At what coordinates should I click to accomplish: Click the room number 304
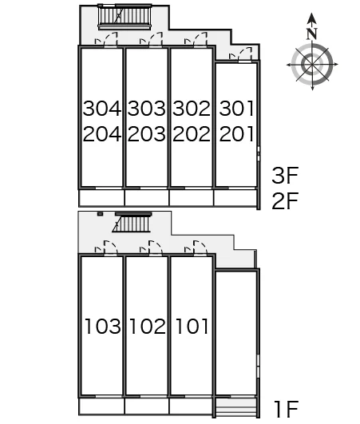click(x=102, y=109)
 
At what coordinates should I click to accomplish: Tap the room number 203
click(x=147, y=134)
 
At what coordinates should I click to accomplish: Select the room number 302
click(x=192, y=109)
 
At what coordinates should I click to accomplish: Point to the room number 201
click(x=237, y=134)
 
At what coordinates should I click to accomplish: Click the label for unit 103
click(x=103, y=326)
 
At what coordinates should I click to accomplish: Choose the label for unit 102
click(x=148, y=326)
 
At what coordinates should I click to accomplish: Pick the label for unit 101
click(x=192, y=326)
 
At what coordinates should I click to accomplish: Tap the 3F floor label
click(x=285, y=176)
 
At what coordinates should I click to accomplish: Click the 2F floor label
click(x=285, y=201)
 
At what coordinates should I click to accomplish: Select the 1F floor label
click(x=286, y=410)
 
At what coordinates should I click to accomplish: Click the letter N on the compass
click(x=312, y=34)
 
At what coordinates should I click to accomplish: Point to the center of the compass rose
click(x=312, y=65)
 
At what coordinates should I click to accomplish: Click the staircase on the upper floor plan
click(x=125, y=17)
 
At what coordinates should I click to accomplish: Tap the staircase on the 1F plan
click(x=133, y=222)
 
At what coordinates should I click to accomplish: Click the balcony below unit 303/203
click(x=147, y=198)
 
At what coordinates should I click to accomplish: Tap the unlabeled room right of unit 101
click(x=236, y=333)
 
